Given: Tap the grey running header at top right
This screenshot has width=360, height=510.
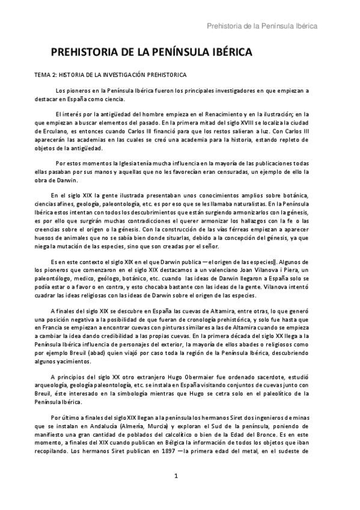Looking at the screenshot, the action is click(x=262, y=26).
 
